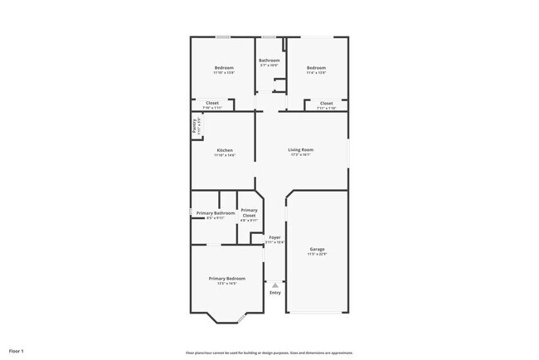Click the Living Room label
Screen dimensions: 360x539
pyautogui.click(x=300, y=150)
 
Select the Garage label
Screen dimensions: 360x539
pyautogui.click(x=317, y=249)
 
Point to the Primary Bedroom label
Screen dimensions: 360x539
pyautogui.click(x=227, y=278)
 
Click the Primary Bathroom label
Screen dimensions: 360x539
pyautogui.click(x=216, y=213)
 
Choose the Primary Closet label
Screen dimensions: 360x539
pyautogui.click(x=249, y=213)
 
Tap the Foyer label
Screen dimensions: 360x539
pyautogui.click(x=274, y=237)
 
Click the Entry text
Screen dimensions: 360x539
pyautogui.click(x=275, y=292)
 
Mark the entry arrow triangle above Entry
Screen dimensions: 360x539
pyautogui.click(x=275, y=285)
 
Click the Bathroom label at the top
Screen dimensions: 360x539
pyautogui.click(x=269, y=61)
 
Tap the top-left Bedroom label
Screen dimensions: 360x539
pyautogui.click(x=224, y=67)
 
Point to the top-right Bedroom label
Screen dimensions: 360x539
pyautogui.click(x=316, y=67)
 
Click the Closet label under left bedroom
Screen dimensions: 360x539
pyautogui.click(x=212, y=103)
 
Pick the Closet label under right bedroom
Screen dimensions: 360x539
pyautogui.click(x=327, y=103)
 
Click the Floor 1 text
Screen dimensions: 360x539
pyautogui.click(x=17, y=352)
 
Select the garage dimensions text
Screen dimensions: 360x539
pyautogui.click(x=317, y=254)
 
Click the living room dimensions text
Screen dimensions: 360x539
pyautogui.click(x=300, y=155)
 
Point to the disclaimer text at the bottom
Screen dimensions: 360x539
pyautogui.click(x=269, y=352)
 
